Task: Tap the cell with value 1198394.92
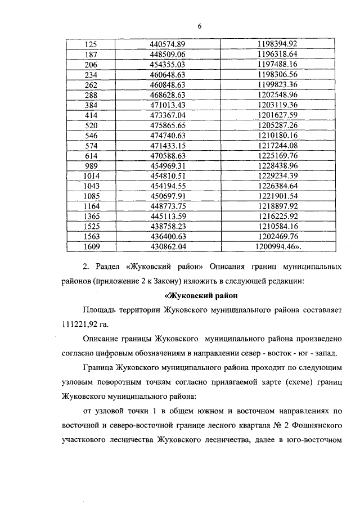pyautogui.click(x=276, y=44)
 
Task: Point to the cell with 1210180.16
pyautogui.click(x=276, y=135)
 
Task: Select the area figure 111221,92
pyautogui.click(x=81, y=325)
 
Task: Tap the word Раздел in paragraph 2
pyautogui.click(x=109, y=265)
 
